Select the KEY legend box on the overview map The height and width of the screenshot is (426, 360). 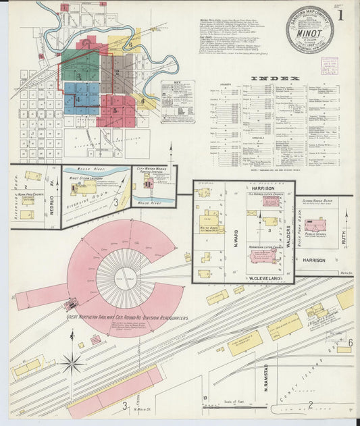tap(178, 101)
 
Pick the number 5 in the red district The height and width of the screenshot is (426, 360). tap(115, 109)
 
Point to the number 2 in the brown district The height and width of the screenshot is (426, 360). tap(117, 72)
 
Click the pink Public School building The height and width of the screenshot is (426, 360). tap(315, 225)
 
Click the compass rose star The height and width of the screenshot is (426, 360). tap(72, 363)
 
